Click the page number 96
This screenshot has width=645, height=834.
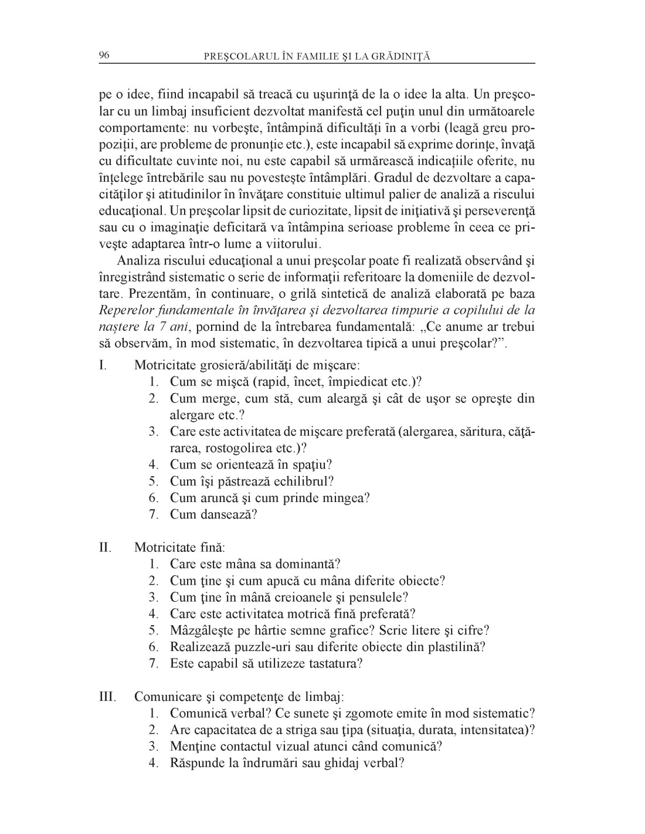[x=104, y=56]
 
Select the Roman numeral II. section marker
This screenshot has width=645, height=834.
[x=105, y=548]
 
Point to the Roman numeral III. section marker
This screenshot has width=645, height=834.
[x=107, y=697]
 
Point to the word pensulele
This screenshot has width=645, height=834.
[x=381, y=598]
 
